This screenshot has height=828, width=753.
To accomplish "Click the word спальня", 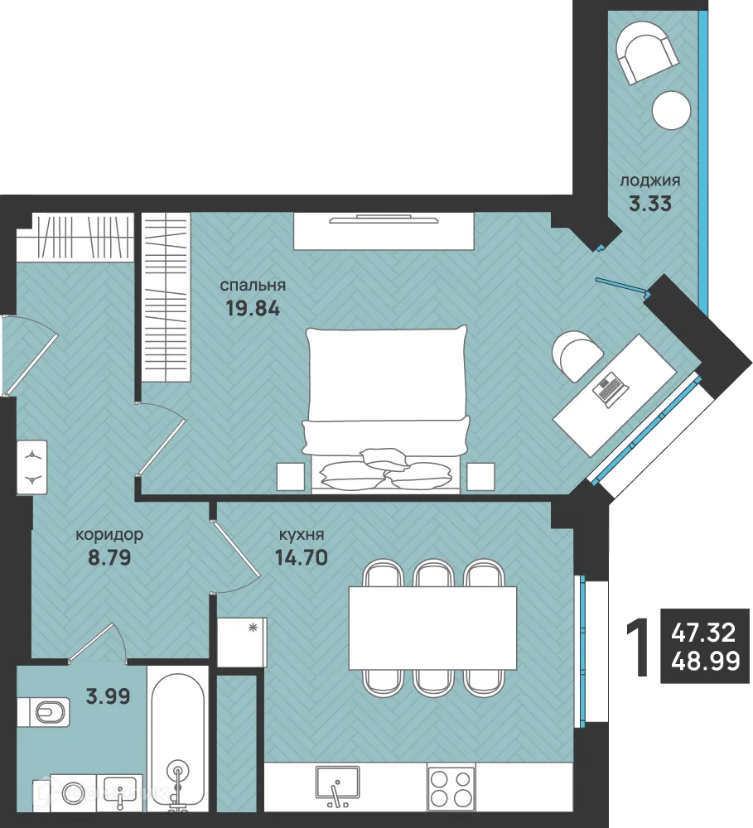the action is [x=253, y=286].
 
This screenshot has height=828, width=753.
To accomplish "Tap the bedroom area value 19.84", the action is [x=253, y=308].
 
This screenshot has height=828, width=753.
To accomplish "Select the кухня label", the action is [x=302, y=535].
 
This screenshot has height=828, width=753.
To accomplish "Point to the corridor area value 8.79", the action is [x=109, y=557].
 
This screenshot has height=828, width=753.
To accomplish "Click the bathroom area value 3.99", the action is [x=108, y=696].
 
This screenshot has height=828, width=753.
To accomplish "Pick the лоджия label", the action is [x=650, y=181].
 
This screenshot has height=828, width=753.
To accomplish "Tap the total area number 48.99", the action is [x=706, y=660].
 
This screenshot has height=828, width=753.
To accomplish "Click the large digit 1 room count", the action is [x=639, y=648].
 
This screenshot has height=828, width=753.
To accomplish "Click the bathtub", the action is [x=177, y=744].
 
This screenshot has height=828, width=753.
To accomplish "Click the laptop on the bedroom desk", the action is [x=611, y=389].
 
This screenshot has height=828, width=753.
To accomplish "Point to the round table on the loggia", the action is [x=671, y=110].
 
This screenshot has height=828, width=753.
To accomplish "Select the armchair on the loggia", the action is [x=649, y=51].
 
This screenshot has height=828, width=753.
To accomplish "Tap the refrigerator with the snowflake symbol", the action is [x=242, y=643].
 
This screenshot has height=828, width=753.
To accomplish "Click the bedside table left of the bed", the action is [x=291, y=476].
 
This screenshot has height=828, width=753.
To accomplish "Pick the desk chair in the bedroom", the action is [x=577, y=355].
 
